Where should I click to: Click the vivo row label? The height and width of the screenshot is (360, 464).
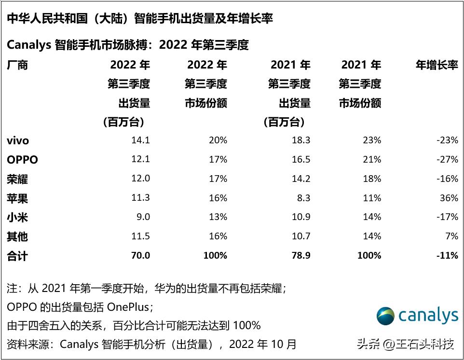(18, 141)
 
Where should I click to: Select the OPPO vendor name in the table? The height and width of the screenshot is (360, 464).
(22, 160)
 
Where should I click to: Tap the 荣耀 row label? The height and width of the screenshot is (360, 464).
(17, 179)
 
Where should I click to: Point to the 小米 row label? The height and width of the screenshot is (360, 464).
(17, 217)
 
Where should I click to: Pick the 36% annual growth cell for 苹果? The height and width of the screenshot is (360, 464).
(449, 198)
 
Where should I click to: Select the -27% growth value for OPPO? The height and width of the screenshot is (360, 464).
(447, 160)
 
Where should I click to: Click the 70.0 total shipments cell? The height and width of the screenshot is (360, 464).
(140, 256)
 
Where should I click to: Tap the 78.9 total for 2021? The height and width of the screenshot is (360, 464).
(301, 256)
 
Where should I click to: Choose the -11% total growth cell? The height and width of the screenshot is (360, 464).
(447, 256)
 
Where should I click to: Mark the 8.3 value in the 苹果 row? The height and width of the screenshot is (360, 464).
(304, 198)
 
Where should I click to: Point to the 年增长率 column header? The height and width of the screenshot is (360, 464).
(437, 65)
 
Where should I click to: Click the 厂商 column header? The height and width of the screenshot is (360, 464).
(17, 65)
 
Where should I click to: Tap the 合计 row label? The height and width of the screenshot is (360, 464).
(17, 256)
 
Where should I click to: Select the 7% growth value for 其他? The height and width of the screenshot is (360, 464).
(452, 236)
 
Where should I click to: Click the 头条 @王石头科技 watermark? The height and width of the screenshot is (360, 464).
(405, 344)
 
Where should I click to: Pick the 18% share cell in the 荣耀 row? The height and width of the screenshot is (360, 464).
(372, 179)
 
